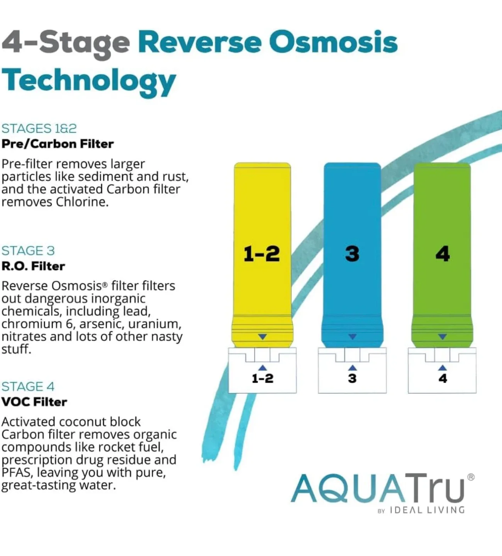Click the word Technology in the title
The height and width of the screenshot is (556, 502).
coord(89,81)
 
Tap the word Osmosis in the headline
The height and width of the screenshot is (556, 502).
coord(333,42)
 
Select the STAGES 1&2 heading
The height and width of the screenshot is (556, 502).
coord(39,128)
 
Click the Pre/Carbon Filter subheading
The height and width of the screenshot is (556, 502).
coord(58,144)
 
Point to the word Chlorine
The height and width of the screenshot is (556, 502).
coord(81,202)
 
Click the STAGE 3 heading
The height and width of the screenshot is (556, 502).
coord(28,251)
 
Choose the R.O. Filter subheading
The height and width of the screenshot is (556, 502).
coord(33,266)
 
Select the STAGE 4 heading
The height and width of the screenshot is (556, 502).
coord(28,386)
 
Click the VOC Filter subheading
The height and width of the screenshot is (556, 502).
coord(34,402)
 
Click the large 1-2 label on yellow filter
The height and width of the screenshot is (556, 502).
coord(261,254)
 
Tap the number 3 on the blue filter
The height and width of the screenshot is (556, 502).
coord(352,254)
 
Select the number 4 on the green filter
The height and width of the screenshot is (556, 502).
coord(443,254)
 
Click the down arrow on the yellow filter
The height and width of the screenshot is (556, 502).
coord(263,337)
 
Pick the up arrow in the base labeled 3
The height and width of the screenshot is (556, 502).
coord(352,368)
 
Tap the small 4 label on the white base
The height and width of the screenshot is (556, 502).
coord(443,378)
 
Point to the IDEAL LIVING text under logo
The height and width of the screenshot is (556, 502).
coord(427,510)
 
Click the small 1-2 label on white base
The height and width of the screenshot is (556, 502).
coord(263,378)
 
